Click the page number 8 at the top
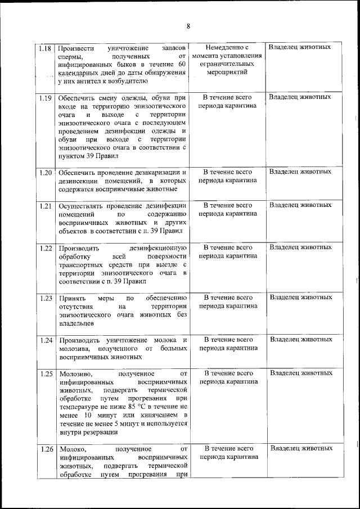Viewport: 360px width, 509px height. [188, 26]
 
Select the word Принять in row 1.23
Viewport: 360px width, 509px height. [71, 298]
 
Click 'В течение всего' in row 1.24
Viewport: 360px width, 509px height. [228, 340]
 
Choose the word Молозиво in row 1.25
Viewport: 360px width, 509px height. [75, 373]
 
